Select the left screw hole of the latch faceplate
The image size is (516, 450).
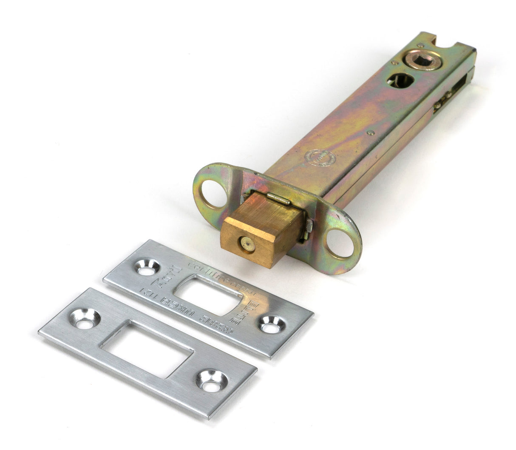(214, 193)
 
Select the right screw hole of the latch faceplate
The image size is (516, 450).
(339, 243)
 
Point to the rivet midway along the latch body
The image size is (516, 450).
(371, 132)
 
